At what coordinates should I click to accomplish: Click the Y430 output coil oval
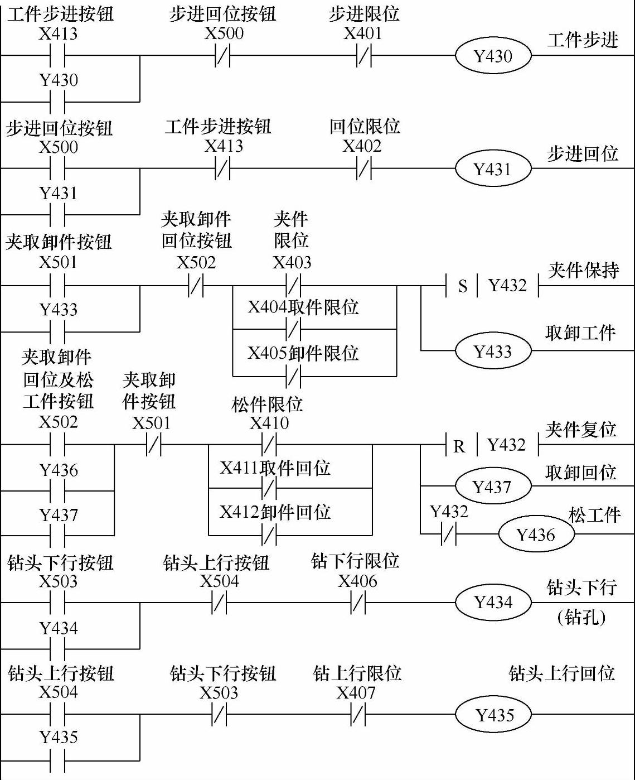click(493, 56)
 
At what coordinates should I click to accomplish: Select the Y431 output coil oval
click(492, 169)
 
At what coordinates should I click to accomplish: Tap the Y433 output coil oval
click(493, 352)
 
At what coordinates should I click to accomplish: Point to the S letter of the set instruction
click(463, 286)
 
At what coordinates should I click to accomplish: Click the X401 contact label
click(363, 33)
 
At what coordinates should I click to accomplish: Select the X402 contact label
click(362, 146)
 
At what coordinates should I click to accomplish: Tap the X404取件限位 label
click(303, 307)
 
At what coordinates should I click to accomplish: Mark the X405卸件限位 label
click(303, 353)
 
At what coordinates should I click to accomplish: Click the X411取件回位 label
click(275, 468)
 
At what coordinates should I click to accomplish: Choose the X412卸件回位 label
click(275, 512)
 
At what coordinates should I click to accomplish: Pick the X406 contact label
click(357, 581)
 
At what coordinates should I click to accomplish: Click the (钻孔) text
click(581, 617)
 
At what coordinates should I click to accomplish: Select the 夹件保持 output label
click(583, 271)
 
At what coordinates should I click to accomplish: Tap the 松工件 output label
click(594, 514)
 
